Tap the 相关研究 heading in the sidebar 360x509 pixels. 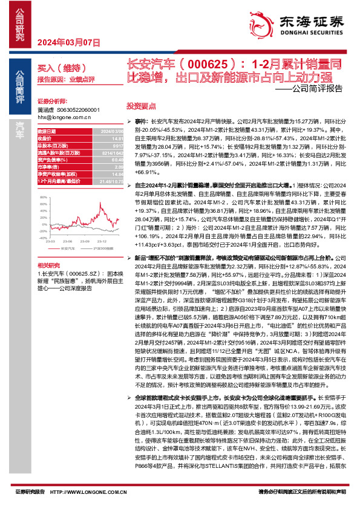coord(47,265)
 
